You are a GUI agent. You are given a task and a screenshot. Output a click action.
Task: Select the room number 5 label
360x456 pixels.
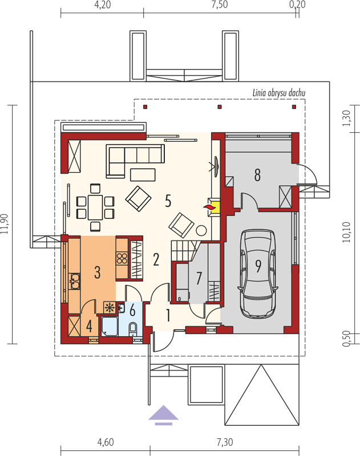(168, 201)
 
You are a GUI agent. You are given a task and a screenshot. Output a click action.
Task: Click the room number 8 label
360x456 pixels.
(257, 175)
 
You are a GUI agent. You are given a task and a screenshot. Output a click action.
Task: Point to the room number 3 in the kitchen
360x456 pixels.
(98, 272)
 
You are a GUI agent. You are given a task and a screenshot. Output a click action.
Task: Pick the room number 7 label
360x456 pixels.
(199, 278)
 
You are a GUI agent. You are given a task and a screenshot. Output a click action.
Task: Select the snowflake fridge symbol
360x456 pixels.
(110, 307)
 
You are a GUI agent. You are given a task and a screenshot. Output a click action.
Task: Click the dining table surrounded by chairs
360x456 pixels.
(95, 207)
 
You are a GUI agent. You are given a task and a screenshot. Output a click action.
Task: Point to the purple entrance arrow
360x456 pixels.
(164, 415)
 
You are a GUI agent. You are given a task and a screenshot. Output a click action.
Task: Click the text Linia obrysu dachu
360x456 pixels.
(279, 93)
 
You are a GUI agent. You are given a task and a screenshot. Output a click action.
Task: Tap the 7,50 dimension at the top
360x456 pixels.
(220, 5)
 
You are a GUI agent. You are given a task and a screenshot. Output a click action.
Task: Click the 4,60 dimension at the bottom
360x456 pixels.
(106, 442)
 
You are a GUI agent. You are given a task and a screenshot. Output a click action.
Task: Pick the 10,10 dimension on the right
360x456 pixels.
(347, 232)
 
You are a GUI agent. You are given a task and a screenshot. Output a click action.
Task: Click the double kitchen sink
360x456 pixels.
(75, 281)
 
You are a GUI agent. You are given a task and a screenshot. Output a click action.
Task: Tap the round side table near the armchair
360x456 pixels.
(201, 231)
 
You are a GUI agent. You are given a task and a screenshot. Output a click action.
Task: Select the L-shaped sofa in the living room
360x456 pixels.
(135, 161)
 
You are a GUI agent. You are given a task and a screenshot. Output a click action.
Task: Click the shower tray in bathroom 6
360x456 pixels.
(110, 326)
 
